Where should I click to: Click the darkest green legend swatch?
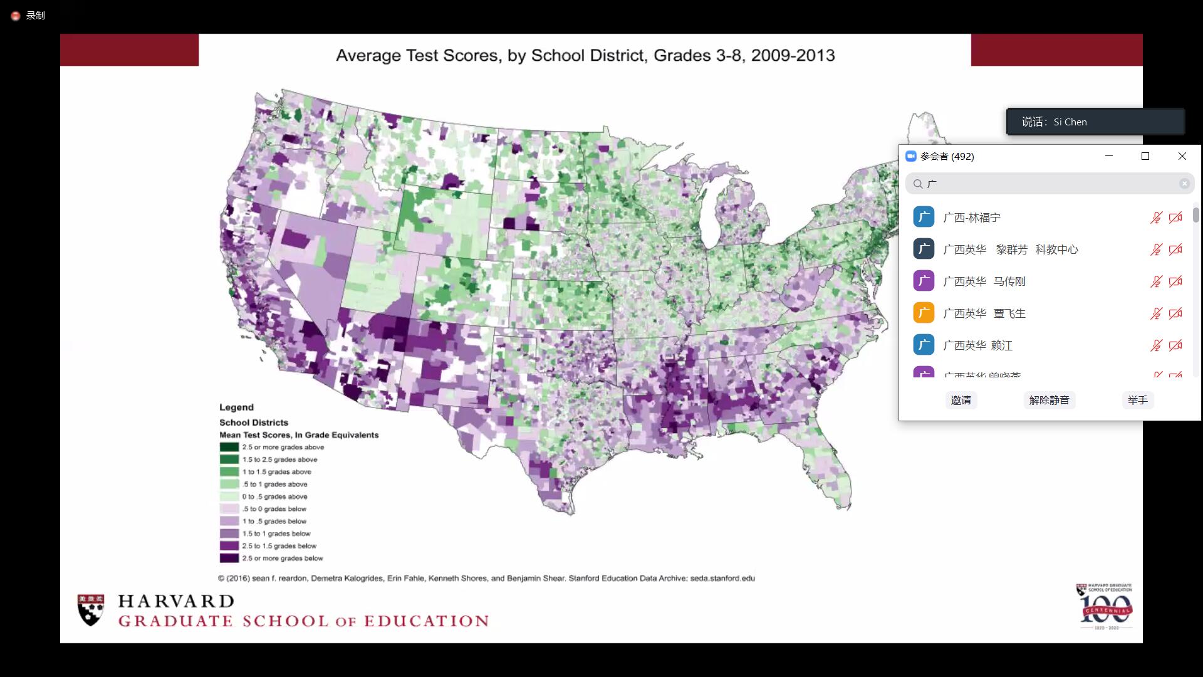click(x=229, y=447)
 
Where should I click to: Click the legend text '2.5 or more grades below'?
click(x=283, y=558)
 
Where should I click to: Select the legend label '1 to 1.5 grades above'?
click(x=276, y=472)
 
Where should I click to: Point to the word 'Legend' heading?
click(x=236, y=407)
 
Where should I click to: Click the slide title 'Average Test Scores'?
click(x=585, y=55)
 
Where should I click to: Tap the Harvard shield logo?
click(x=91, y=610)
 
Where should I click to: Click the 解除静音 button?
click(x=1049, y=400)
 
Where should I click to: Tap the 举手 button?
click(x=1137, y=400)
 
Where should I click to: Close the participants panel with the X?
click(x=1182, y=156)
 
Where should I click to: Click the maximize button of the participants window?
click(x=1145, y=156)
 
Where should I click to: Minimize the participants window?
click(x=1108, y=156)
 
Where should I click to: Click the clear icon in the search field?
click(x=1184, y=184)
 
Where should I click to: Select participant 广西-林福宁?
click(x=971, y=218)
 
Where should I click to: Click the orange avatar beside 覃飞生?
click(x=924, y=313)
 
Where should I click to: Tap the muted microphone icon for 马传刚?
click(x=1156, y=281)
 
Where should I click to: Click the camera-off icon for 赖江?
click(x=1175, y=345)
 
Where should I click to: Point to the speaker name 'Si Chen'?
click(x=1070, y=122)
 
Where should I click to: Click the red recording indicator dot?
click(x=16, y=16)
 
